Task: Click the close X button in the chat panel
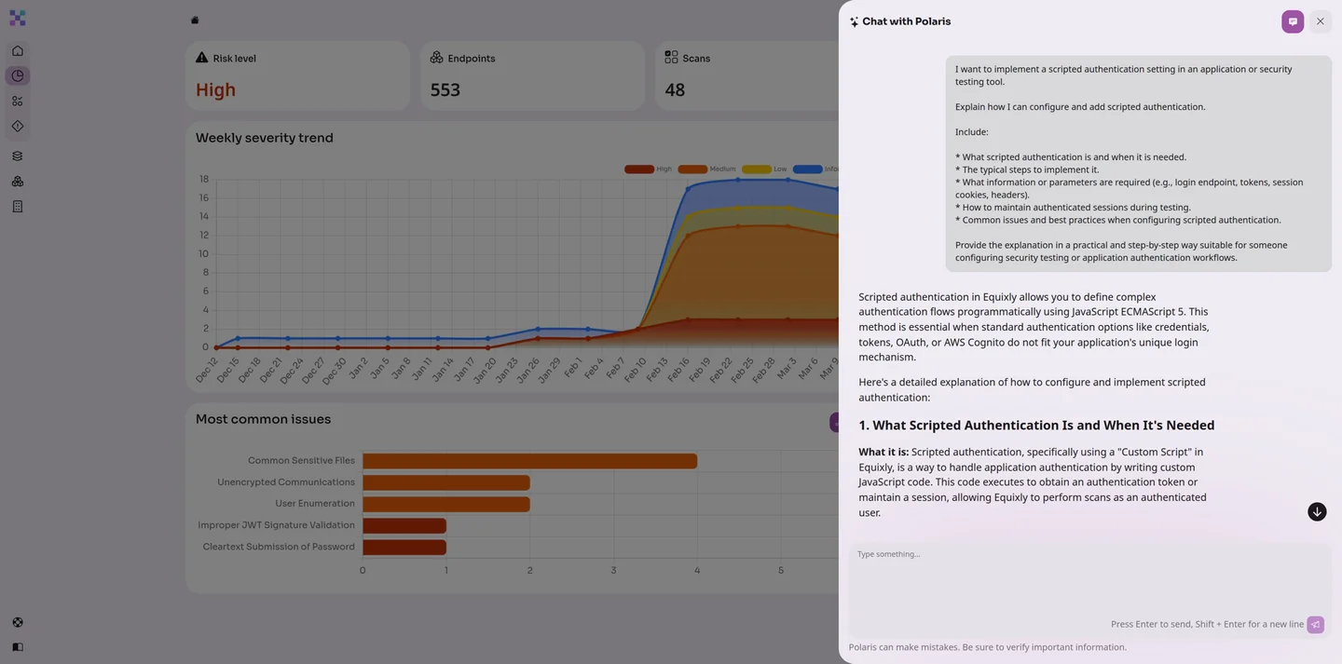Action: coord(1320,21)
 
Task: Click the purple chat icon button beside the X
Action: coord(1293,21)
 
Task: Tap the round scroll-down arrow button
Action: coord(1317,512)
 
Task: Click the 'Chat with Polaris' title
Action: coord(906,21)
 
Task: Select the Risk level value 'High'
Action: coord(215,90)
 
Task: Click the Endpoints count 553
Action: coord(445,90)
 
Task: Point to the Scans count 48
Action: coord(675,90)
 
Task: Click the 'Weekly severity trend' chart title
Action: coord(264,138)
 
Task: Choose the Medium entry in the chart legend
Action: coord(706,169)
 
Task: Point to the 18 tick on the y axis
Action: coord(203,179)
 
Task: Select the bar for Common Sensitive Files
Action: coord(529,461)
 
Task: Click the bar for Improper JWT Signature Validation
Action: coord(404,525)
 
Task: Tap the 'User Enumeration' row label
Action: coord(314,504)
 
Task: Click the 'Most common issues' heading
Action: coord(263,419)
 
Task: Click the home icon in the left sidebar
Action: coord(18,51)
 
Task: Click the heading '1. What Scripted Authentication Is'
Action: coord(1036,426)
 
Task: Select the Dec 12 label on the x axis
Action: coord(207,370)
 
